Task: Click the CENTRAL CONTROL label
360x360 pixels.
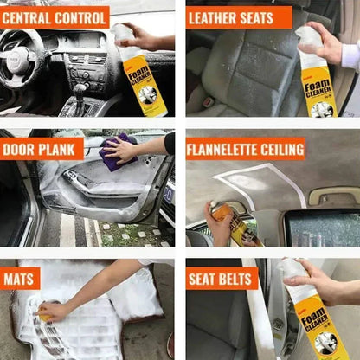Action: pyautogui.click(x=55, y=16)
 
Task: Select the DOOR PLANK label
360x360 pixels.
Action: pyautogui.click(x=42, y=149)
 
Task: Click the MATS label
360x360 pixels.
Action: pyautogui.click(x=20, y=279)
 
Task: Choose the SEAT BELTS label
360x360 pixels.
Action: pyautogui.click(x=222, y=279)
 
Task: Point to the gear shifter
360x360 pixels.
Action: pyautogui.click(x=80, y=91)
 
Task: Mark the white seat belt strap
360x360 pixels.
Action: pyautogui.click(x=259, y=320)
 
